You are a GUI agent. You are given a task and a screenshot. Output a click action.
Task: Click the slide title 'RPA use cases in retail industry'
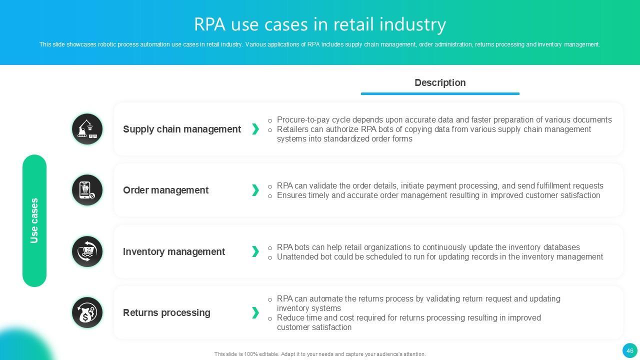click(x=320, y=24)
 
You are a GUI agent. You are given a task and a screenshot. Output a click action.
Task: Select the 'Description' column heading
click(x=440, y=83)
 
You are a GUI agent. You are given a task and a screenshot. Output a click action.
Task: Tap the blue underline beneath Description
click(x=440, y=93)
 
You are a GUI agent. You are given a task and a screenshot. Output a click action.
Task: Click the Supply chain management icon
click(x=87, y=129)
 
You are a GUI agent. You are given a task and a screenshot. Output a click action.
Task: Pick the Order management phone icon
click(x=87, y=190)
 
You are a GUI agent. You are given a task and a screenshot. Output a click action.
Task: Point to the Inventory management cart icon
click(x=87, y=251)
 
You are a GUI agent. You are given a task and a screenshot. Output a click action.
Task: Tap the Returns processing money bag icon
click(x=87, y=312)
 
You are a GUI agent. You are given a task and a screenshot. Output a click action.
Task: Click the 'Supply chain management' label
click(x=182, y=129)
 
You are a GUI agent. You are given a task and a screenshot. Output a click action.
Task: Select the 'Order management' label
click(x=165, y=190)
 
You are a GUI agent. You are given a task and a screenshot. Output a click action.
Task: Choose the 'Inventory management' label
click(x=174, y=251)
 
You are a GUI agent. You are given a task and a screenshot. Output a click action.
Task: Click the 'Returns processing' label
click(x=166, y=312)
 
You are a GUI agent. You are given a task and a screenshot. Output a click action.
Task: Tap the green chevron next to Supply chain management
click(x=255, y=129)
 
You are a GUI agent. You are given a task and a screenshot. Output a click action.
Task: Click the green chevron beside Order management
click(x=255, y=190)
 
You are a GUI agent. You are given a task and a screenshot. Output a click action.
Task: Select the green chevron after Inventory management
click(x=255, y=251)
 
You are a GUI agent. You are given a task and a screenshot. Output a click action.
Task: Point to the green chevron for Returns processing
click(x=255, y=312)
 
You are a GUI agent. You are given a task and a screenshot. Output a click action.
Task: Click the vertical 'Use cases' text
click(x=34, y=220)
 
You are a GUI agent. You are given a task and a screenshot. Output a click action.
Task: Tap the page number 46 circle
click(x=629, y=350)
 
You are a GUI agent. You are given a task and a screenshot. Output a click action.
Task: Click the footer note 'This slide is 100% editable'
click(x=320, y=354)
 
